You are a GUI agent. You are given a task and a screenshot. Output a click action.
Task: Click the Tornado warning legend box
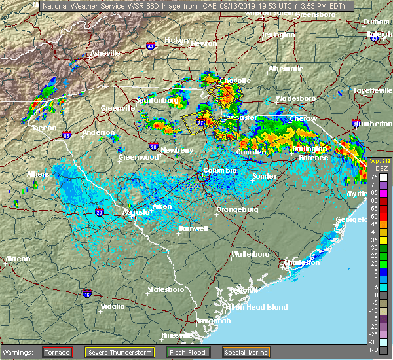tap(57, 352)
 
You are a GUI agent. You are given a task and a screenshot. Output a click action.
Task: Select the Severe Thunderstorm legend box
tap(119, 352)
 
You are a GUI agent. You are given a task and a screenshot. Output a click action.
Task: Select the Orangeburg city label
tap(237, 210)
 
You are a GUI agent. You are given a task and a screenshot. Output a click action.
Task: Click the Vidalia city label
tap(112, 306)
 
